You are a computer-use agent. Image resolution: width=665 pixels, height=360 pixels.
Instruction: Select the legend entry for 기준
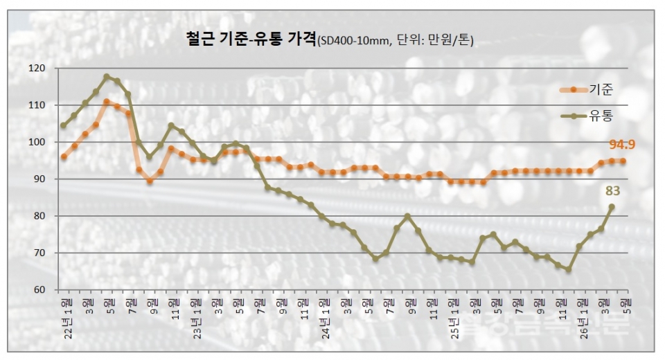(600, 89)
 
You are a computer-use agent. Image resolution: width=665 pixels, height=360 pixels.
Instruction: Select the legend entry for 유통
(600, 117)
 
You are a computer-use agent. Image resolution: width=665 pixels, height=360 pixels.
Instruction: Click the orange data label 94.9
(622, 145)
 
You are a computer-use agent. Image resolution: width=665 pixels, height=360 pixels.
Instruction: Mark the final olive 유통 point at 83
(612, 206)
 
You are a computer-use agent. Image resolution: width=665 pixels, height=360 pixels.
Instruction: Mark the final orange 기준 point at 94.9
(623, 161)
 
